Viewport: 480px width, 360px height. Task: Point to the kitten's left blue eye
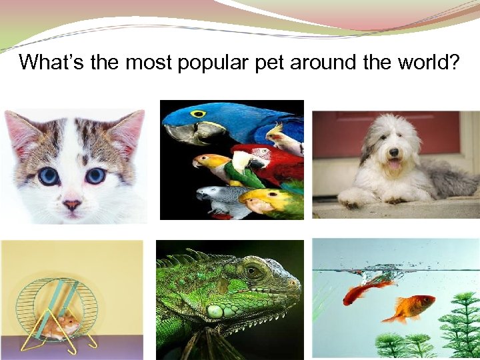pos(47,175)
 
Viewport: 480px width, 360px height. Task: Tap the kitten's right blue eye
pos(95,175)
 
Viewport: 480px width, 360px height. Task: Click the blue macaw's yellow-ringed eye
pos(197,115)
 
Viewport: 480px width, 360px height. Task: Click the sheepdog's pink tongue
pos(395,163)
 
